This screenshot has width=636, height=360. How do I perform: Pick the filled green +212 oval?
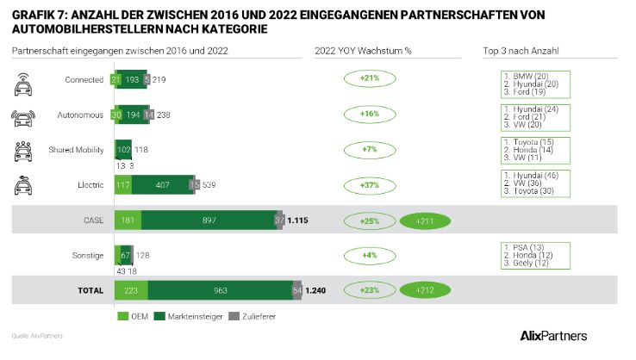(x=425, y=290)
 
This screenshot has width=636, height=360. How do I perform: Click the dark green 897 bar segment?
(x=208, y=220)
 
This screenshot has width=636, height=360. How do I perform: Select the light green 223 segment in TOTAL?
(x=131, y=290)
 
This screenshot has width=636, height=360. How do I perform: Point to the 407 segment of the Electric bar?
(x=163, y=184)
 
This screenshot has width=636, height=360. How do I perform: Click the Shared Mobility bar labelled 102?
(x=123, y=149)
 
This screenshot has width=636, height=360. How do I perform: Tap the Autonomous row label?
(x=84, y=114)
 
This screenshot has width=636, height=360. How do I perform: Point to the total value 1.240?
(x=318, y=290)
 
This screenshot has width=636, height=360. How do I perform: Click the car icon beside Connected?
(x=25, y=80)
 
